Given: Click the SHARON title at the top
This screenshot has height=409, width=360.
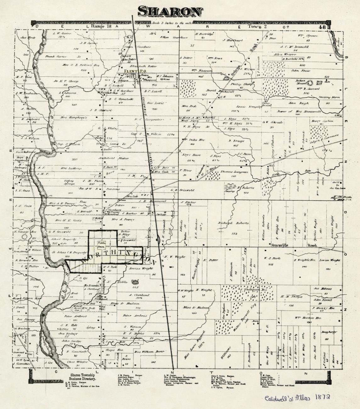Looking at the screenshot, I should (x=170, y=11).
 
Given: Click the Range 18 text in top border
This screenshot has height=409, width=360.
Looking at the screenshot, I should (x=101, y=27).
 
